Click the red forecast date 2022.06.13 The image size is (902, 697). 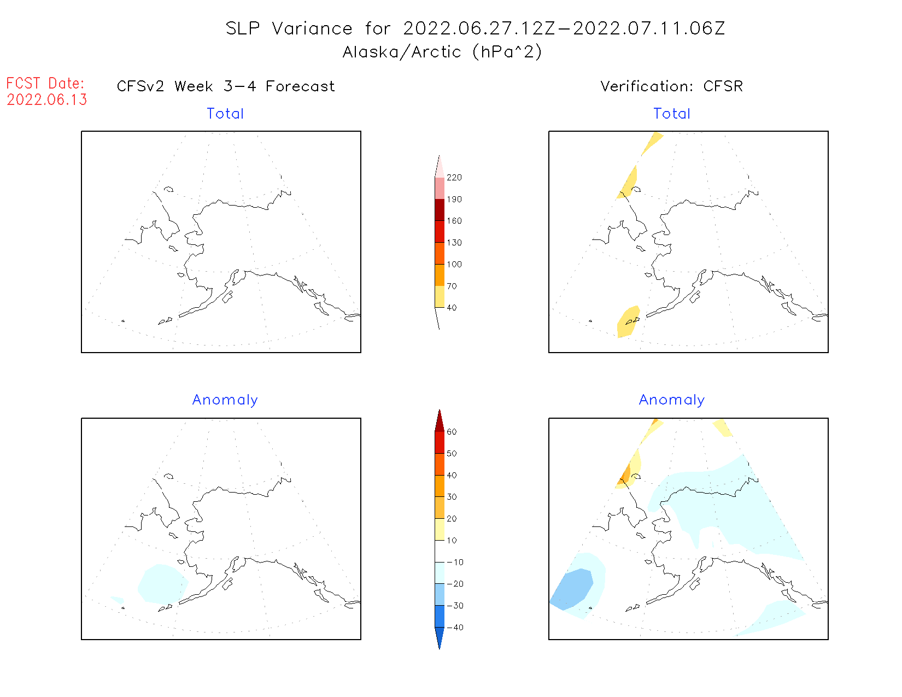tap(47, 99)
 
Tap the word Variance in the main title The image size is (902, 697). tap(312, 28)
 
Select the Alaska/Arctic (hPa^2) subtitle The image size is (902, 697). tap(442, 52)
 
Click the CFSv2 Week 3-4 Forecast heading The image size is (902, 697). tap(226, 86)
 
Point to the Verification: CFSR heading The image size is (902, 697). tap(672, 86)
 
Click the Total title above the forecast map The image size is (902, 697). tap(225, 114)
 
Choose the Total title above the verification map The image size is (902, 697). tap(672, 114)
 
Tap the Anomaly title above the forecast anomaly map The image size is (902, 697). tap(225, 400)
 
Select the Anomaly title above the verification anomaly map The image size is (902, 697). tap(672, 400)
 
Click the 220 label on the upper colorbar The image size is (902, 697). tap(454, 178)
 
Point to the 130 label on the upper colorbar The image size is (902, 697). tap(454, 243)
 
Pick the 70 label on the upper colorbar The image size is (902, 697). tap(452, 286)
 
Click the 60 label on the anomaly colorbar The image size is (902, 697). tap(452, 432)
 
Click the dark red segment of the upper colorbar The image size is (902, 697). tap(440, 210)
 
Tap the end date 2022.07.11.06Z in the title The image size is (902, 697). tap(649, 28)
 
